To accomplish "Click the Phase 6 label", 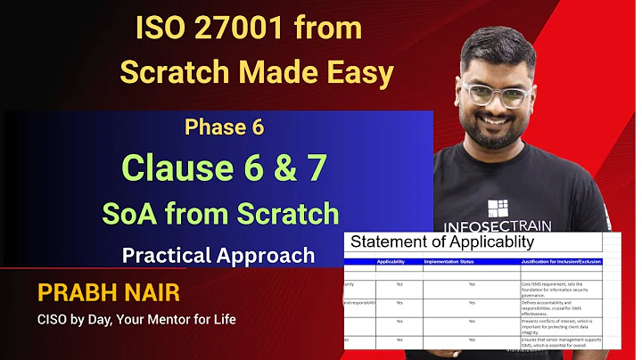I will (x=225, y=127).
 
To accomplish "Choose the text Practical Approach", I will (x=218, y=256).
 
